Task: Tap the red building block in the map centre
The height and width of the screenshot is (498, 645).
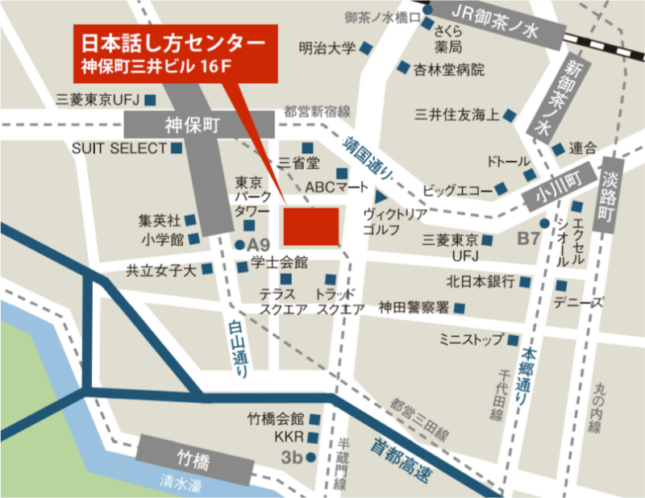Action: tap(310, 226)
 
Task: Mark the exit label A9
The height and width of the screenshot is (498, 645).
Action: tap(258, 244)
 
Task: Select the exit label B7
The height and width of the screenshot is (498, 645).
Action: tap(528, 238)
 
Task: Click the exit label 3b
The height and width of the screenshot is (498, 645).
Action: tap(291, 459)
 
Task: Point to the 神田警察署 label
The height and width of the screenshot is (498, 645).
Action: tap(414, 307)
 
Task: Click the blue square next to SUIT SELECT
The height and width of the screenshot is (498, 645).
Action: tap(177, 148)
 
